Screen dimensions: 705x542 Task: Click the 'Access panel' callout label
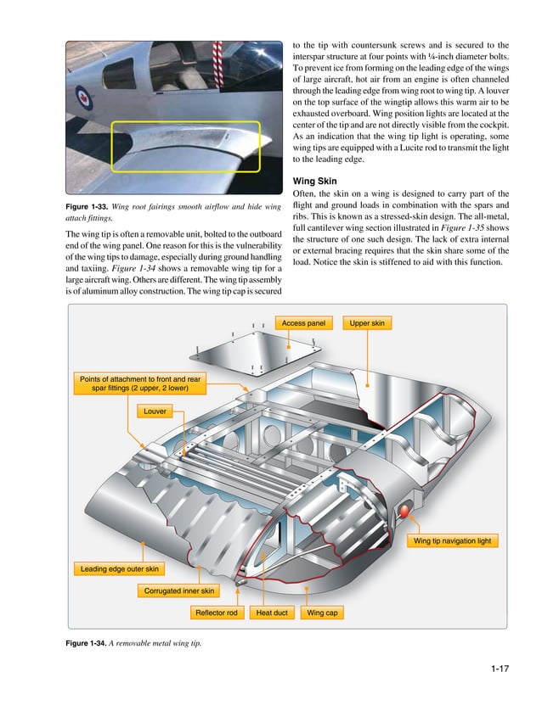coord(304,323)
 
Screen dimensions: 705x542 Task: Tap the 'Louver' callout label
coord(155,411)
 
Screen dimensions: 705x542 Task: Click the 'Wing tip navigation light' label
coord(453,540)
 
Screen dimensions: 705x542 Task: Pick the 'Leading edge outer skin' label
coord(119,568)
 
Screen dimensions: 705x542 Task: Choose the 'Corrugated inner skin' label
coord(179,590)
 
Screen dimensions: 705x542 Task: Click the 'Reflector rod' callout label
coord(217,613)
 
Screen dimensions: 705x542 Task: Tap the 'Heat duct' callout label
coord(272,613)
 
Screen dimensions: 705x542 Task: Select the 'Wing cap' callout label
coord(322,613)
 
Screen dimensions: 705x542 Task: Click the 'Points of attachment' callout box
coord(140,383)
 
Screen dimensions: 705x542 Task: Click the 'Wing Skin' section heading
coord(315,181)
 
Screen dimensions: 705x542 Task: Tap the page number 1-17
coord(499,672)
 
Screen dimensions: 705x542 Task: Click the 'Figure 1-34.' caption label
coord(87,646)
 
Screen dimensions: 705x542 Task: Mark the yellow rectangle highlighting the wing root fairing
coord(185,146)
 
